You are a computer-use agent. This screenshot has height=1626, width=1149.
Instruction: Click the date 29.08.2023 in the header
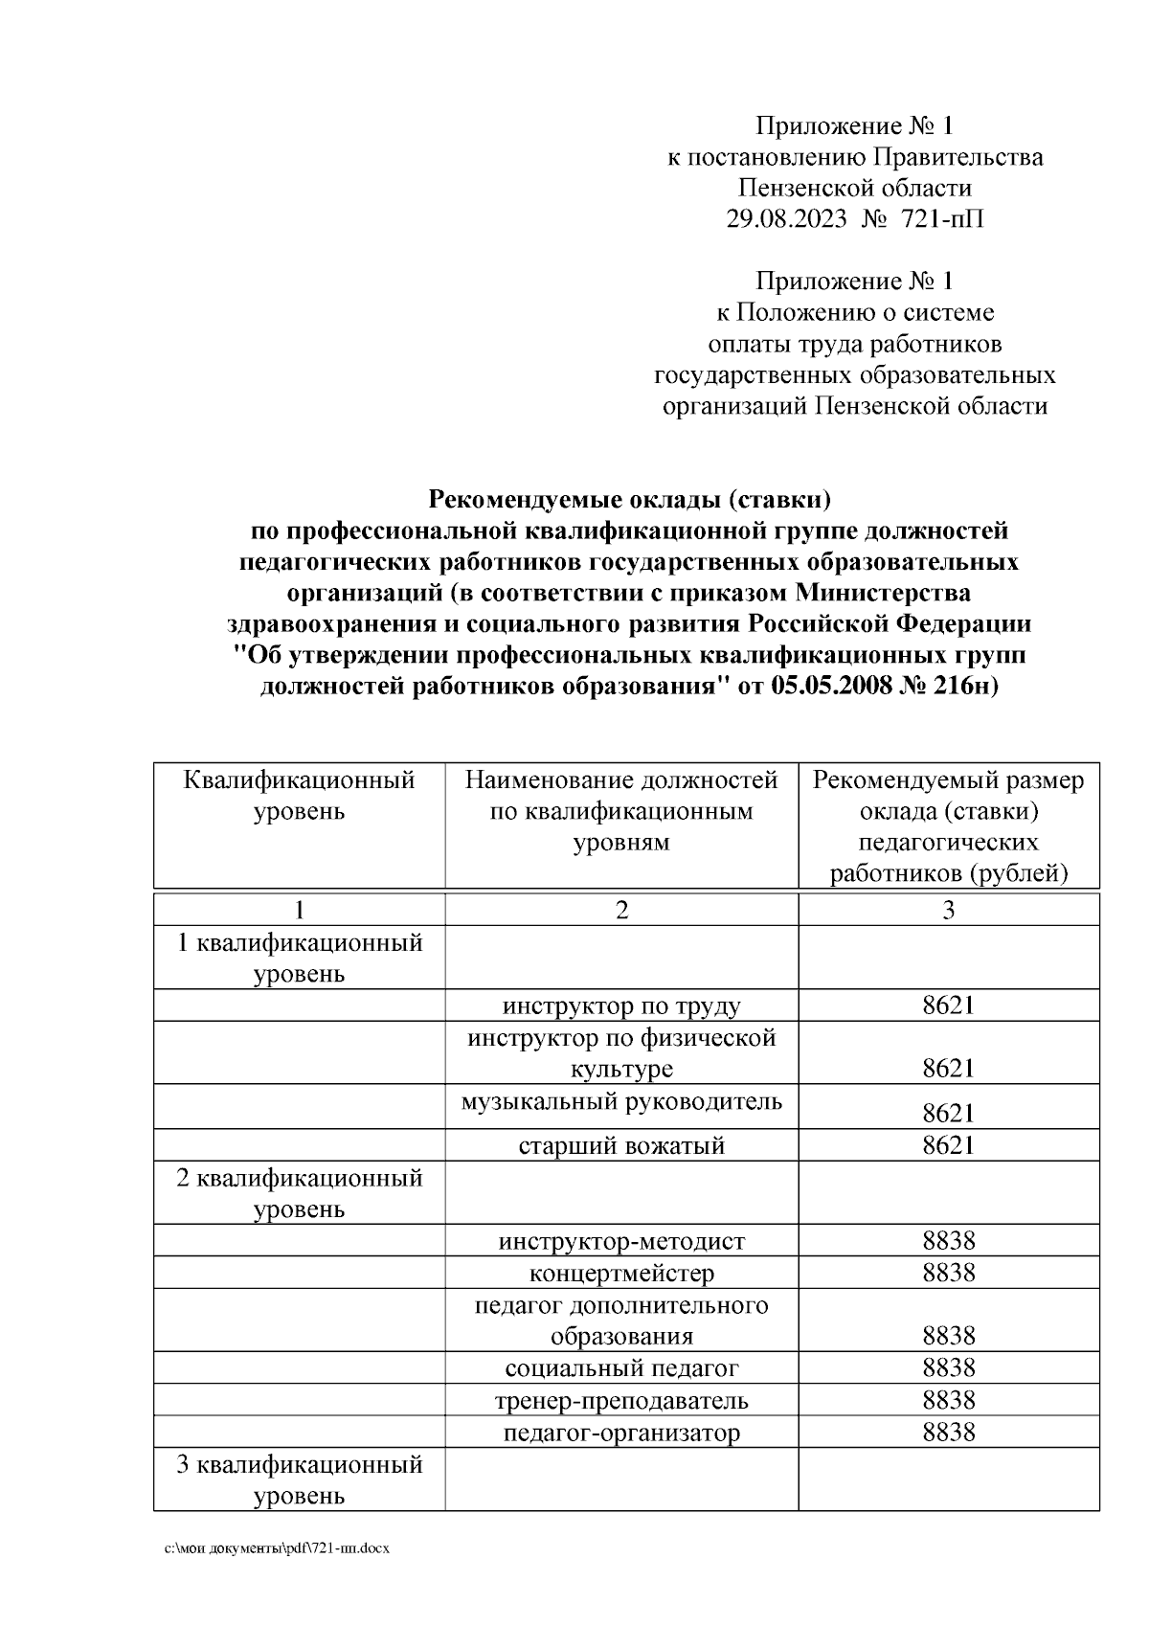coord(786,219)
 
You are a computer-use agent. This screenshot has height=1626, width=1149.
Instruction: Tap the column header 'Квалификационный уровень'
coord(300,796)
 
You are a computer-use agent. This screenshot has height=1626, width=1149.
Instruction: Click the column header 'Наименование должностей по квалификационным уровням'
coord(621,811)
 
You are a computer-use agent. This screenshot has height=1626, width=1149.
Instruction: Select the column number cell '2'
coord(621,910)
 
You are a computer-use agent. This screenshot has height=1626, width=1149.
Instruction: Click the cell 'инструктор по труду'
coord(621,1005)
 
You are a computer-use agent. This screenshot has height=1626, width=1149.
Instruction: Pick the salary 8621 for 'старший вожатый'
coord(948,1145)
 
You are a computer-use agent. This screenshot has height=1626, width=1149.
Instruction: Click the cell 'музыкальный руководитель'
coord(621,1101)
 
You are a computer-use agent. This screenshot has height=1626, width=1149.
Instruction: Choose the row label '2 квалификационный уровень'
coord(300,1192)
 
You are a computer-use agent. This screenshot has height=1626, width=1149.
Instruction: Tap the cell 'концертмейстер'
coord(621,1274)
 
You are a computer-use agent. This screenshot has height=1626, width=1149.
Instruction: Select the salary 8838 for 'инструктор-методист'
coord(948,1241)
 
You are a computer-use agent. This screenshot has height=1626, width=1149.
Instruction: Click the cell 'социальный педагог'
coord(621,1368)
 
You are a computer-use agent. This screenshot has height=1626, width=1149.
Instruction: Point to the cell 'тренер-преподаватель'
coord(621,1401)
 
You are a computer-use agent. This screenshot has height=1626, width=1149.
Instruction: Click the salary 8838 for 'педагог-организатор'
coord(948,1433)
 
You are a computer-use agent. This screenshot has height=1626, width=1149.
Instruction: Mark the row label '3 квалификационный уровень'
coord(300,1479)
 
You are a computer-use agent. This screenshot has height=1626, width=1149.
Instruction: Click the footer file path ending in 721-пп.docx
coord(277,1548)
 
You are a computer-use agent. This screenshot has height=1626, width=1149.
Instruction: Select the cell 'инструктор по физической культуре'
coord(621,1052)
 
